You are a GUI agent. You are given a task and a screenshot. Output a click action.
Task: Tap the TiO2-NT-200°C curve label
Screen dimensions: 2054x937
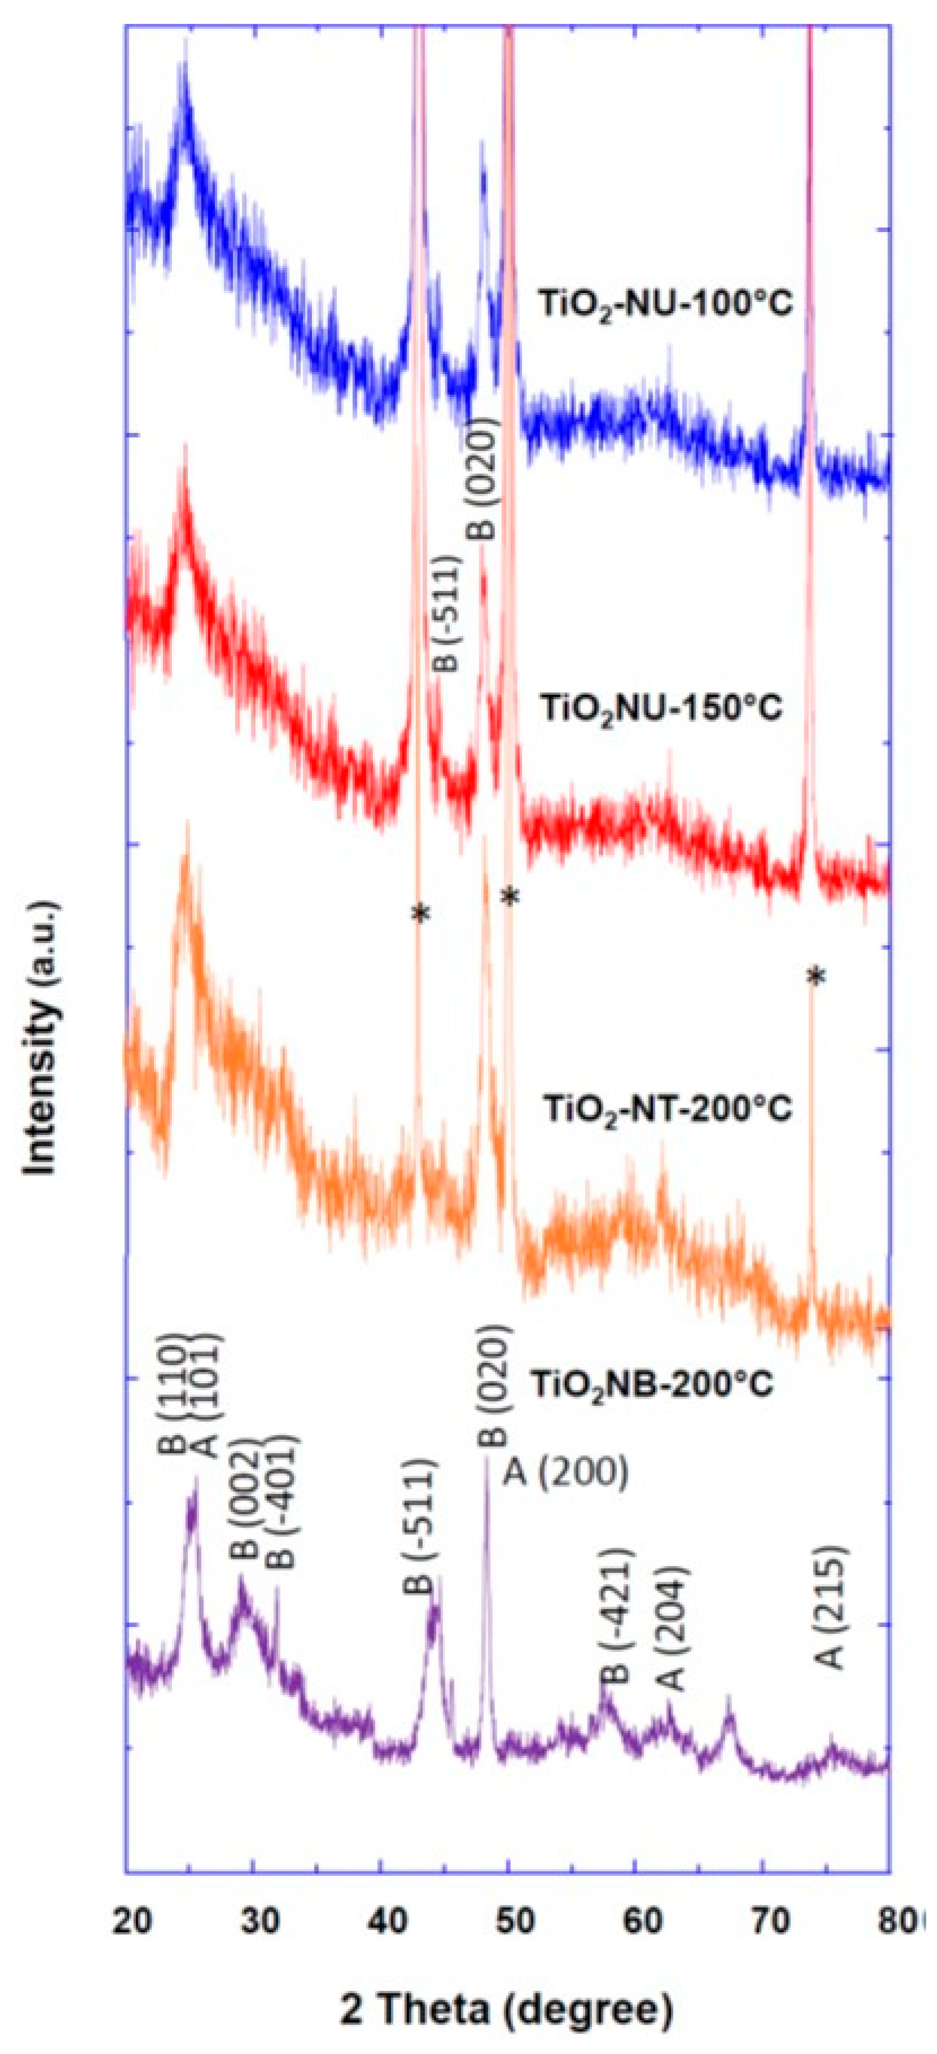click(x=668, y=1109)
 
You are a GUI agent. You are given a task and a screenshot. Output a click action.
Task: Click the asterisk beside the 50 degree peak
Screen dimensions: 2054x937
click(x=510, y=899)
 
